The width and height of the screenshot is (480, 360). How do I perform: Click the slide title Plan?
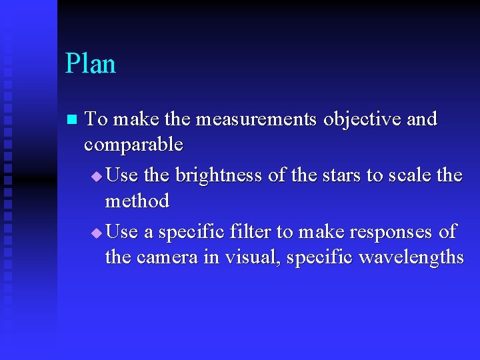pyautogui.click(x=91, y=64)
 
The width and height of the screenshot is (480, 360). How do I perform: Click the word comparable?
pyautogui.click(x=133, y=145)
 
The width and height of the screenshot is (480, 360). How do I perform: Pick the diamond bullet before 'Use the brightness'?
pyautogui.click(x=97, y=177)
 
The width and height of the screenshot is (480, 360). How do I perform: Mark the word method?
pyautogui.click(x=137, y=201)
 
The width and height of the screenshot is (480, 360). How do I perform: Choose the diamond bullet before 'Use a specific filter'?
pyautogui.click(x=97, y=233)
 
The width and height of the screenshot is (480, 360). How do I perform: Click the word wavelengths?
pyautogui.click(x=411, y=257)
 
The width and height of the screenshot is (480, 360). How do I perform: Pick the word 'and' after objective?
pyautogui.click(x=421, y=119)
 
